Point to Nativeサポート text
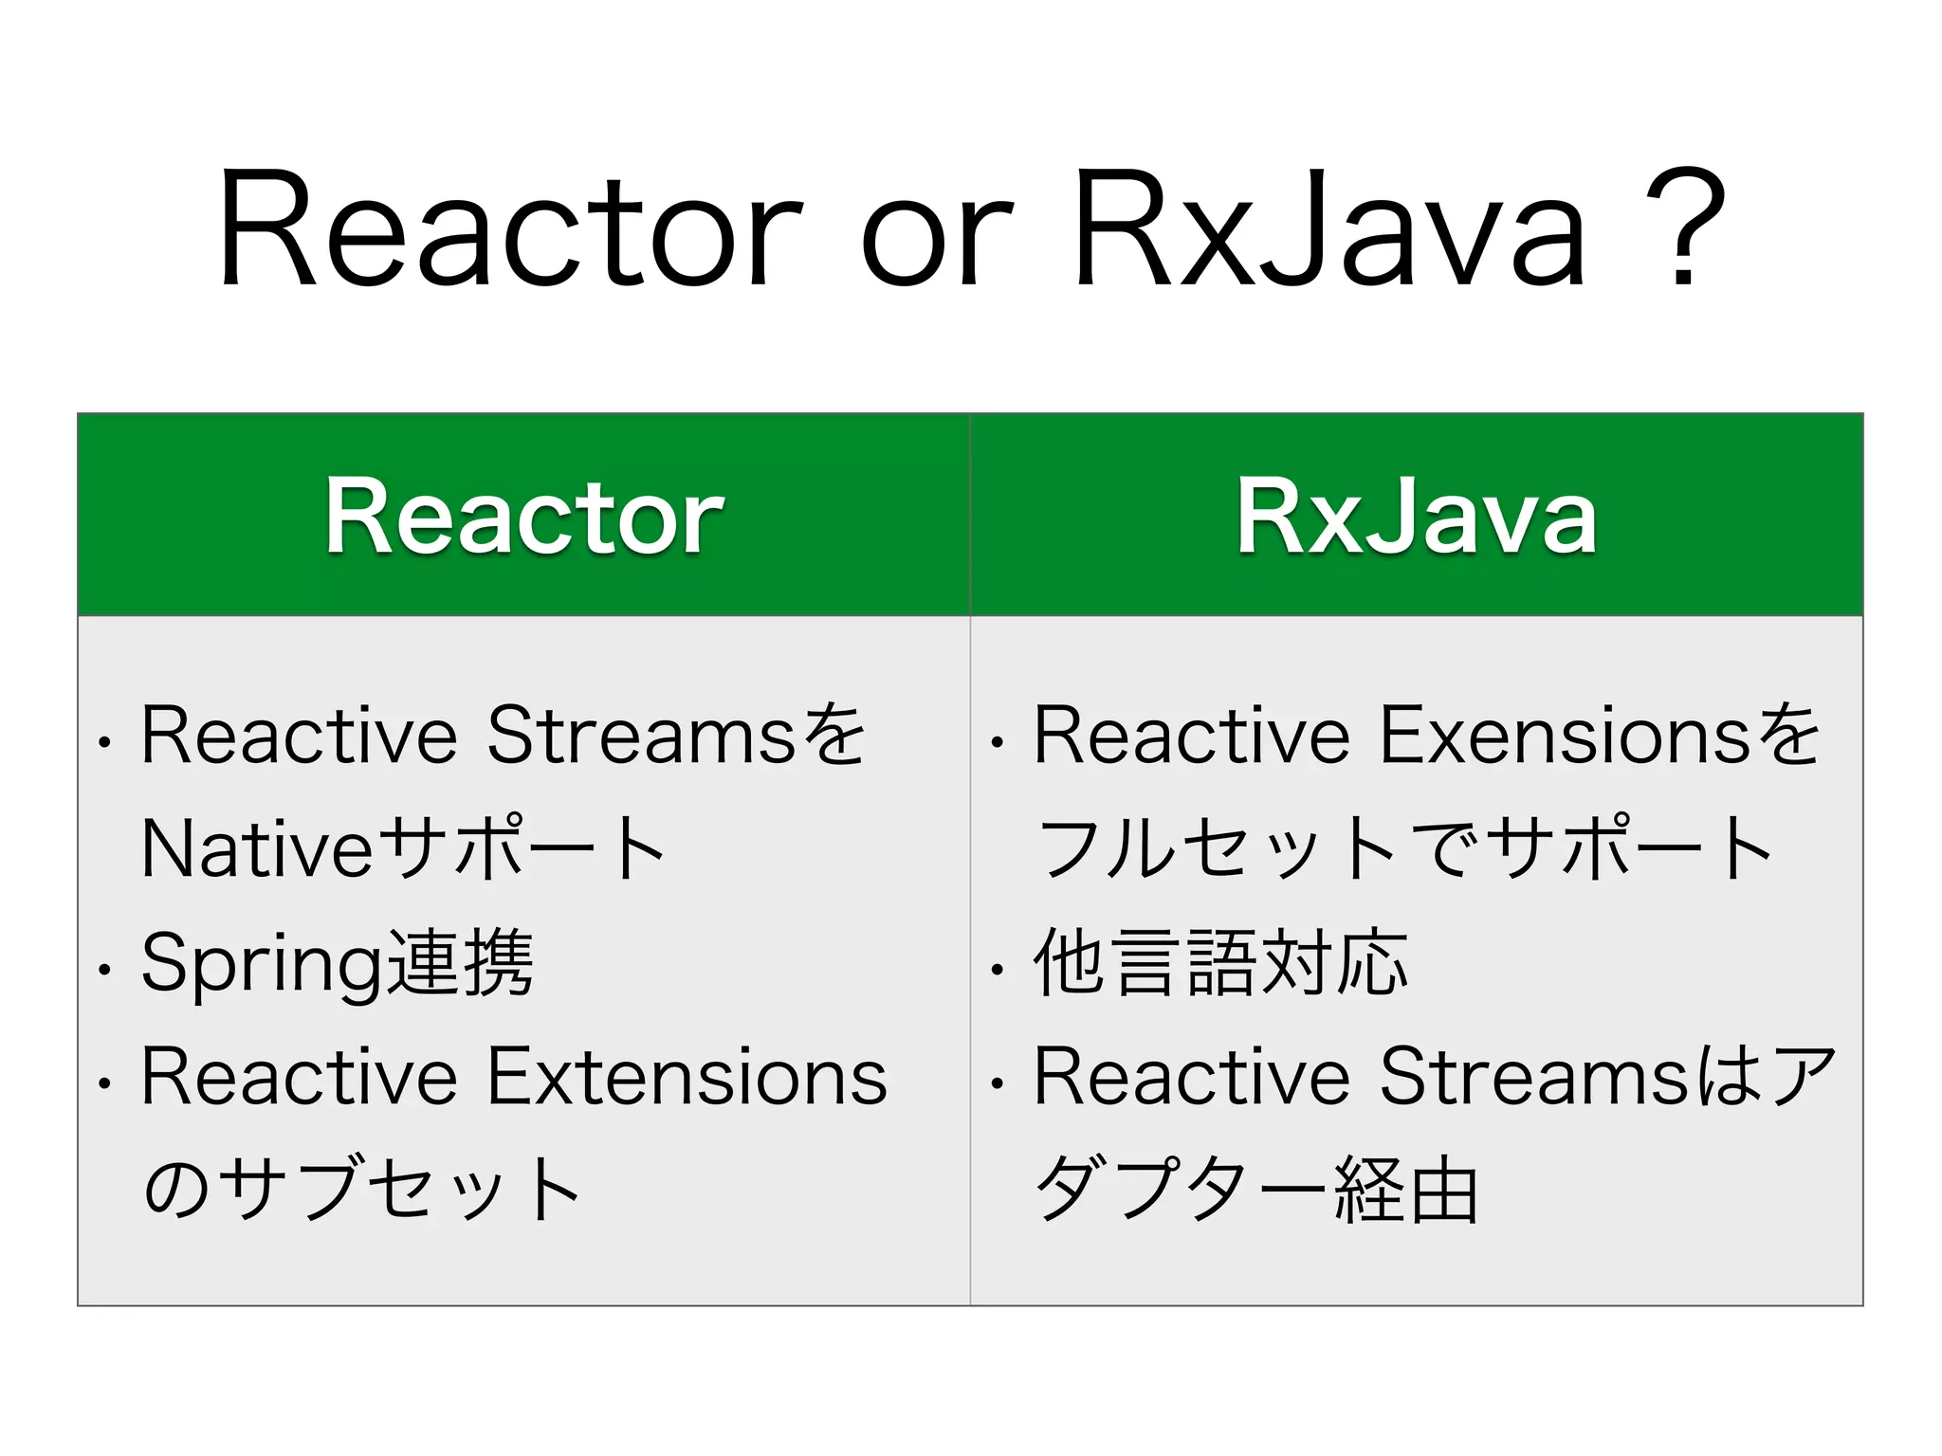click(x=403, y=848)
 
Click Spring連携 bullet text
click(x=337, y=963)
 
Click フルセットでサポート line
click(x=1403, y=848)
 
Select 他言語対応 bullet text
click(x=1220, y=963)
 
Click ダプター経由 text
click(x=1256, y=1190)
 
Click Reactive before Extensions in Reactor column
click(x=299, y=1077)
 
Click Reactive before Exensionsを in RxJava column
click(x=1191, y=736)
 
